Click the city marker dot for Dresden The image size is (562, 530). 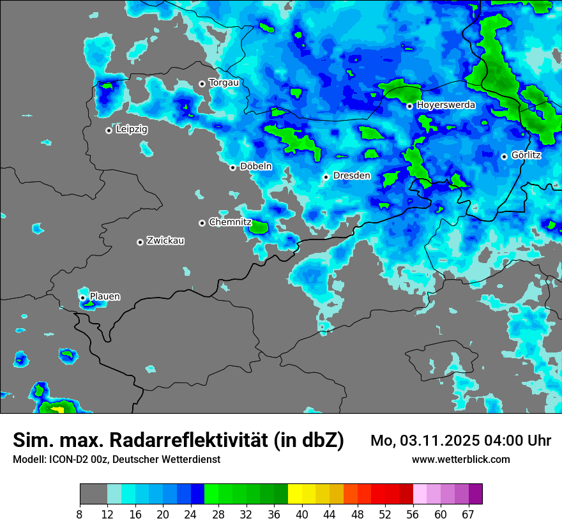tap(326, 176)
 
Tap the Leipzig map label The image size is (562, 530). tap(132, 129)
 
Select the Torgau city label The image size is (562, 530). tap(224, 82)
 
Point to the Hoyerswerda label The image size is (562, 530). tap(446, 105)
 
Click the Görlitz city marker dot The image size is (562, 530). tap(504, 156)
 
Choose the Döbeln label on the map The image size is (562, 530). tap(255, 167)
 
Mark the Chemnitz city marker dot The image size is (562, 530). tap(202, 223)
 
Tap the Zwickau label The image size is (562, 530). tap(165, 241)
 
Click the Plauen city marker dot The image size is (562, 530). tap(82, 298)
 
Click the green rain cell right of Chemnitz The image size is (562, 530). tap(259, 226)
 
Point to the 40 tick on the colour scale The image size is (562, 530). tap(301, 515)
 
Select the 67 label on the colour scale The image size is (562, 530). tap(468, 515)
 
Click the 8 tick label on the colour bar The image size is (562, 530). tap(80, 515)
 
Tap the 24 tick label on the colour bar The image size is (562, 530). tap(190, 515)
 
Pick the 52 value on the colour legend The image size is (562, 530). tap(385, 515)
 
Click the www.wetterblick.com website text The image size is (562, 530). tap(460, 459)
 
